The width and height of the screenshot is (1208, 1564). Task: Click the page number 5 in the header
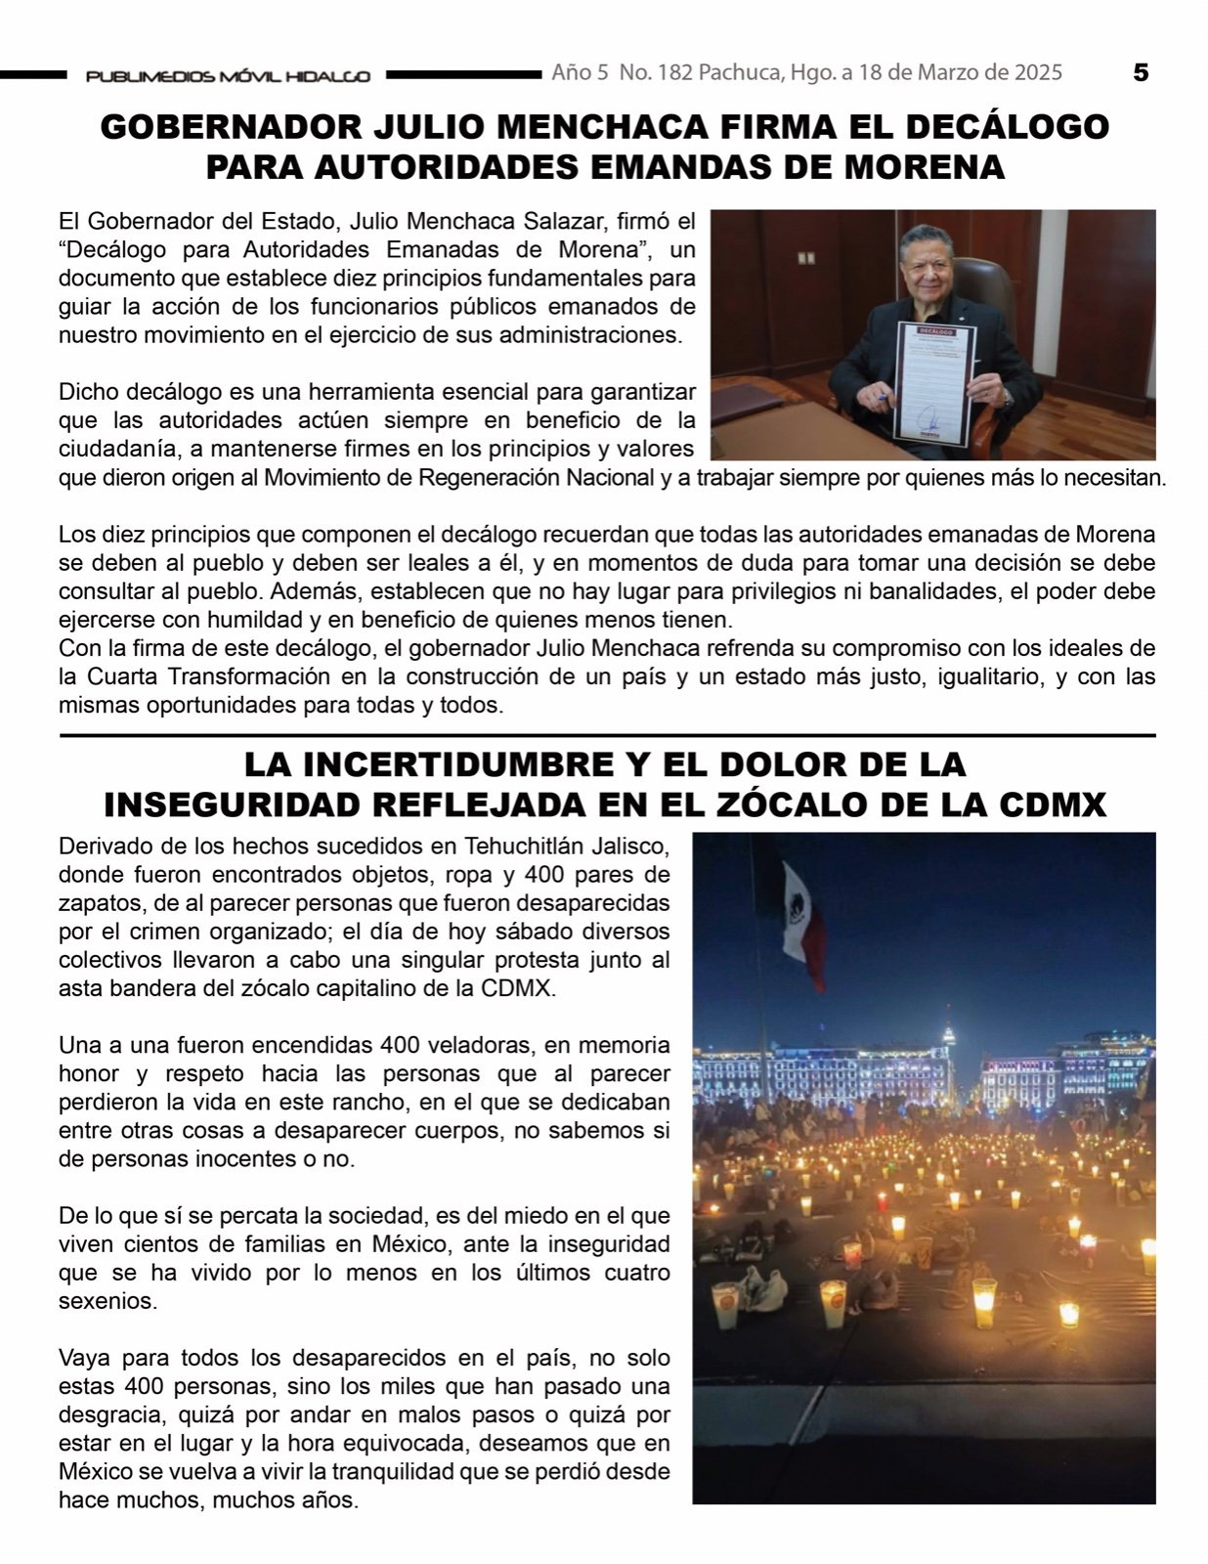click(1141, 72)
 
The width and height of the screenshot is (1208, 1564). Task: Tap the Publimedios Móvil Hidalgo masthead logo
click(228, 76)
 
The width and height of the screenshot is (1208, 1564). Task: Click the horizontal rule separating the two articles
click(606, 735)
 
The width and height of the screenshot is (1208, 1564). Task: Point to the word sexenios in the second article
click(107, 1301)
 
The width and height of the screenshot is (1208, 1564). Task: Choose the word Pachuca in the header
click(740, 72)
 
